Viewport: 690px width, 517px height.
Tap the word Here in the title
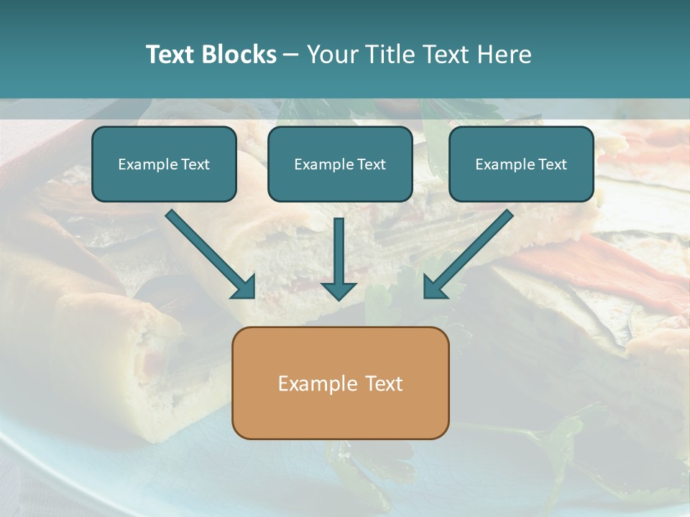pos(506,55)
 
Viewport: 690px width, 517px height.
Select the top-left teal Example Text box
pos(164,164)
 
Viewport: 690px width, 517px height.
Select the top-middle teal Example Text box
pos(340,164)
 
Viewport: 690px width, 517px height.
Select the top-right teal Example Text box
pos(521,164)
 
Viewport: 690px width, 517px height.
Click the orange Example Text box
pos(340,383)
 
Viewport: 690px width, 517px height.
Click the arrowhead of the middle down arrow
pos(339,291)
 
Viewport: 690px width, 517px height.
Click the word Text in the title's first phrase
pos(170,55)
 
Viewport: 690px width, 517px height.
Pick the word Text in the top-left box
pos(195,164)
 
